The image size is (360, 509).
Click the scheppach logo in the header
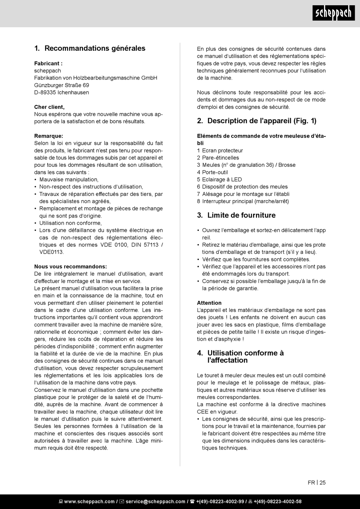333,13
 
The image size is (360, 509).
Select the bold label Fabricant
48,63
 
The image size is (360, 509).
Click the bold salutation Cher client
49,107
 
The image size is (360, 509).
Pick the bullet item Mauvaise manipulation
69,180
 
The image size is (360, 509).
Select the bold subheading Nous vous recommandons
70,266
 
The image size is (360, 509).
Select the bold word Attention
209,303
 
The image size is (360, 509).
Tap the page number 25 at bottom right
322,482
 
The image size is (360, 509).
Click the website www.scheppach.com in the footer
89,501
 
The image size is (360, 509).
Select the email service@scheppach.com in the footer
155,501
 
